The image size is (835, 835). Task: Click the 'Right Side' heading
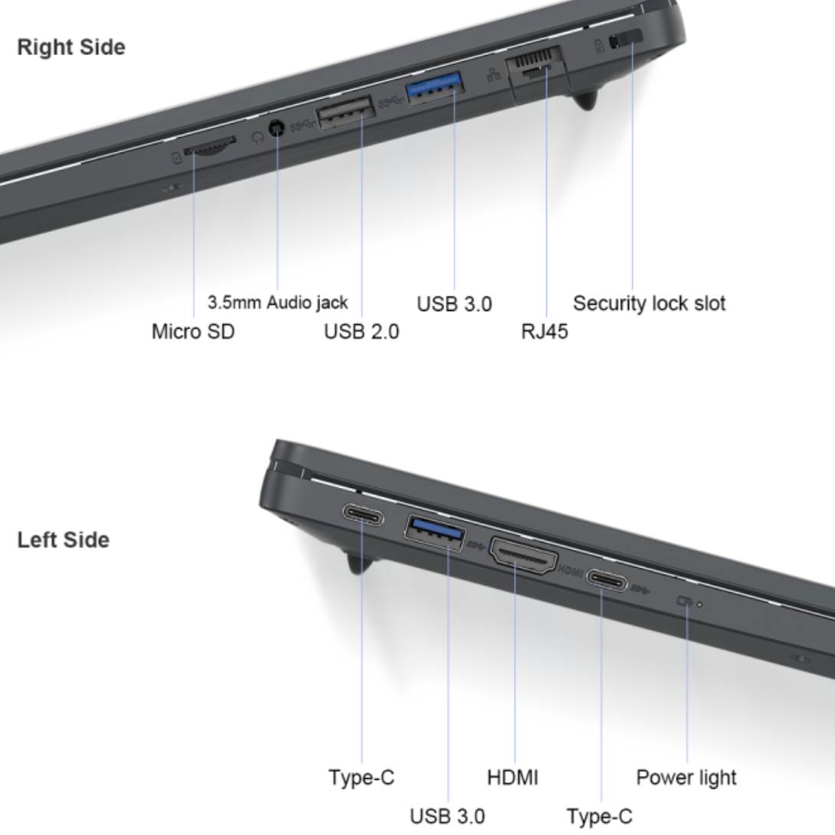(x=71, y=47)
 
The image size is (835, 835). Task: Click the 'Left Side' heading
(x=64, y=539)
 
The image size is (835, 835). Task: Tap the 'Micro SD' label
(x=193, y=331)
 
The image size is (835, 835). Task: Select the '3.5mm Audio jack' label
(x=277, y=303)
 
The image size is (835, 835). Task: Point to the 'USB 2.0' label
(x=362, y=331)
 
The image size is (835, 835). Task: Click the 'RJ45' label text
(x=544, y=331)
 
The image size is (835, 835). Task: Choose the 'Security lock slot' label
(x=649, y=303)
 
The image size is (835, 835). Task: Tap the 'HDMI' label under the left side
(x=512, y=778)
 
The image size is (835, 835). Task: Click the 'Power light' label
(x=686, y=778)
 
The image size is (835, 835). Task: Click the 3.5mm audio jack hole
(x=277, y=129)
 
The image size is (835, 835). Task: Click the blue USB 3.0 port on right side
(x=434, y=87)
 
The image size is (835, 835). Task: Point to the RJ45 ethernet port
(x=535, y=66)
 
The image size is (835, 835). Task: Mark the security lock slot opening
(x=626, y=39)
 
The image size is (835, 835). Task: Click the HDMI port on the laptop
(x=524, y=555)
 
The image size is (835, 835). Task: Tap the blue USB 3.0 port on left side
(x=434, y=532)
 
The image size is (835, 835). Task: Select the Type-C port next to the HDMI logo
(x=607, y=580)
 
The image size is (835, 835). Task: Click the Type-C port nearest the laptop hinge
(x=363, y=515)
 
